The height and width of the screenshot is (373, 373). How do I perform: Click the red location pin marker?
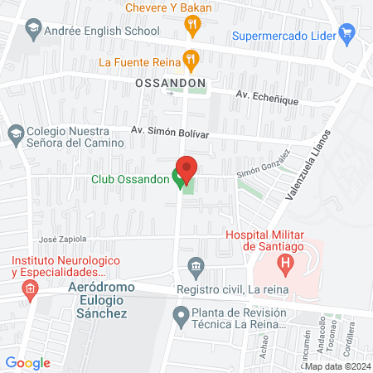coord(186,168)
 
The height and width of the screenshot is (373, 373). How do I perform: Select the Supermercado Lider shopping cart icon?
coord(347,36)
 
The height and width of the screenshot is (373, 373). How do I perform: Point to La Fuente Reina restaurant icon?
coord(191,60)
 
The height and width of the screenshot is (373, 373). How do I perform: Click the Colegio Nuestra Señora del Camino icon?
coord(15,133)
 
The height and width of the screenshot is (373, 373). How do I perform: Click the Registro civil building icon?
coord(196,266)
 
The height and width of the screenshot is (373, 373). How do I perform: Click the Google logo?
coord(27,362)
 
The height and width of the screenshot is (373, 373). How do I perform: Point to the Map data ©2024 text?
coord(337,366)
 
